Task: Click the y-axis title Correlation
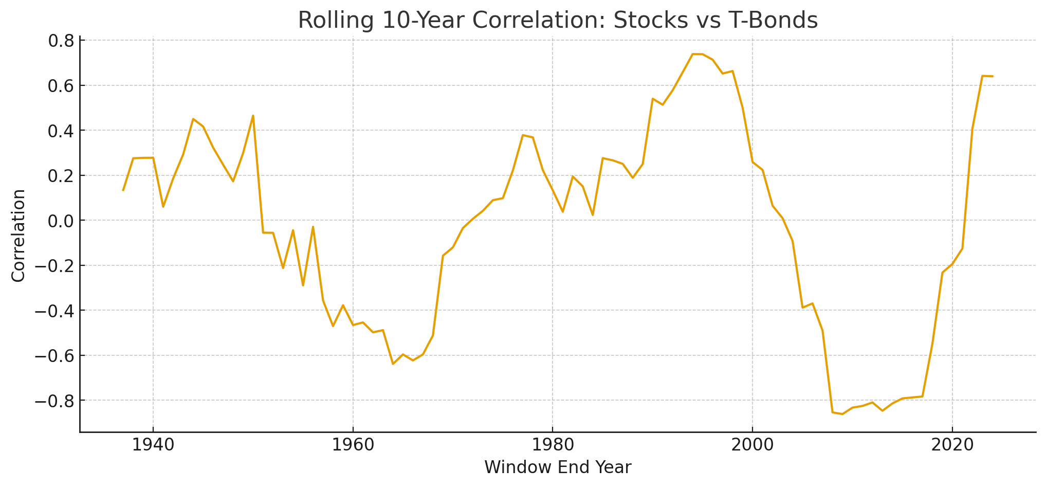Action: click(19, 236)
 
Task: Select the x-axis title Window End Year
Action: click(558, 467)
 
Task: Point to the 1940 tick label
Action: click(153, 446)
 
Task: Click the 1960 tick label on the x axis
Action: click(353, 446)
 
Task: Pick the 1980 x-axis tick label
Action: click(553, 446)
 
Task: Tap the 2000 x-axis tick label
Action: click(753, 446)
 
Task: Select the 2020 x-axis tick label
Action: click(952, 446)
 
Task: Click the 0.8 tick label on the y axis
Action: click(61, 41)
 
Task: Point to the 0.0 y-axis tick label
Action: click(61, 221)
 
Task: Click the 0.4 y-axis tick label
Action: click(61, 131)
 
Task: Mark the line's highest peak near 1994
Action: click(693, 54)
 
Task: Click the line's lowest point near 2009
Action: click(842, 414)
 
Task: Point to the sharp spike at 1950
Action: click(253, 116)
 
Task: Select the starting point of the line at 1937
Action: click(123, 190)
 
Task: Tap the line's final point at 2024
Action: click(993, 77)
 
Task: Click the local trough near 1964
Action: click(393, 364)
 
